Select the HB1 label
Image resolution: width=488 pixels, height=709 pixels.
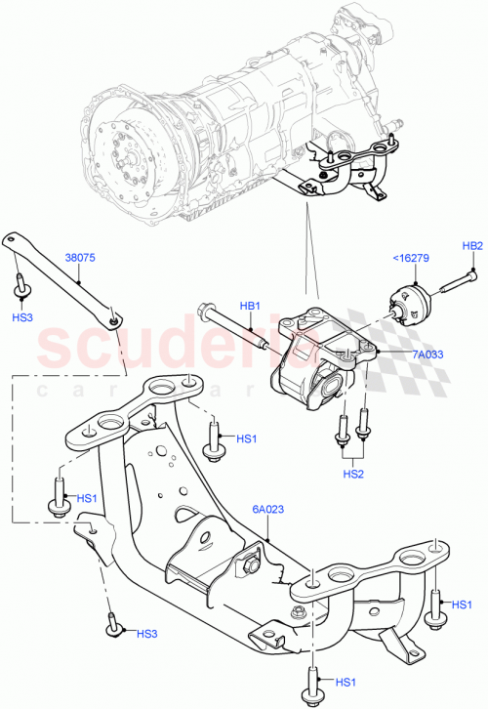tap(251, 307)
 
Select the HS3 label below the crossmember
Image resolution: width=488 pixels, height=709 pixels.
tap(146, 634)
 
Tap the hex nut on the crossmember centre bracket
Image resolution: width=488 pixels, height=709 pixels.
tap(252, 563)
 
